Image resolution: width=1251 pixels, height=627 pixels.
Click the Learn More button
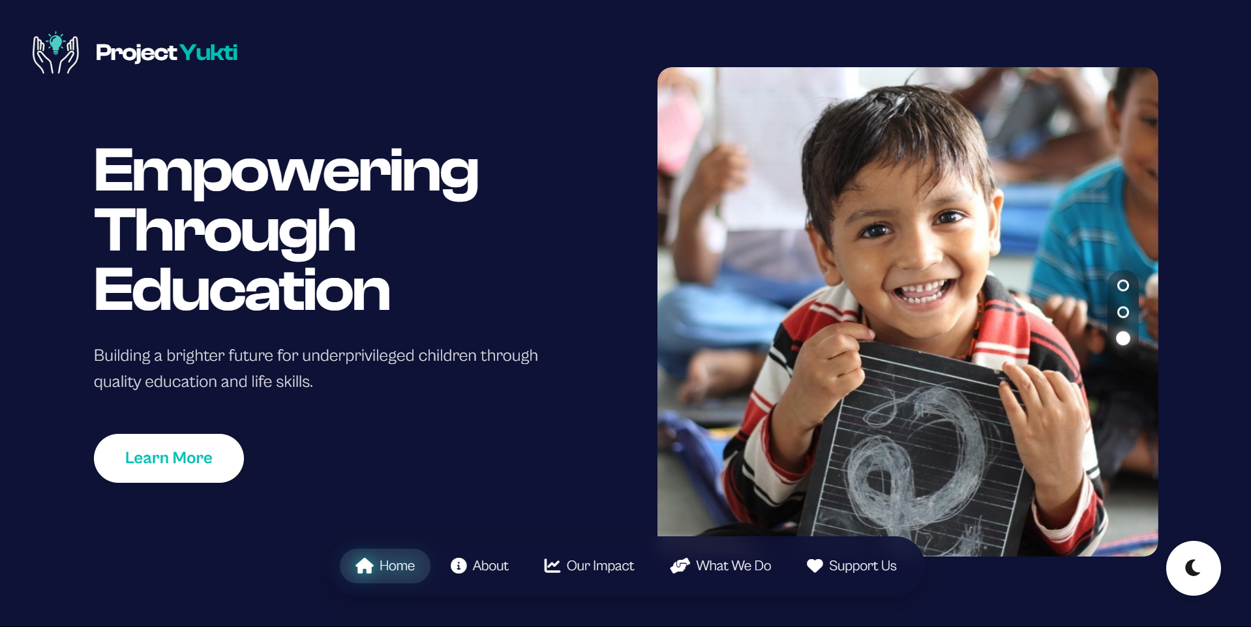pyautogui.click(x=169, y=458)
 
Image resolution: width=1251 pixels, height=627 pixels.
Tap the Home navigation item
pyautogui.click(x=385, y=566)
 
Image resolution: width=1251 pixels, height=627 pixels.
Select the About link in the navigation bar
pyautogui.click(x=479, y=566)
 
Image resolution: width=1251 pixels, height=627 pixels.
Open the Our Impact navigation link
pyautogui.click(x=589, y=566)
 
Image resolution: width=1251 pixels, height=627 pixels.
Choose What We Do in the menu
pyautogui.click(x=721, y=566)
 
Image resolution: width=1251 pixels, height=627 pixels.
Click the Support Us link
pyautogui.click(x=851, y=566)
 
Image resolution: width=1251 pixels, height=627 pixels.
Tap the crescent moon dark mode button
pyautogui.click(x=1194, y=568)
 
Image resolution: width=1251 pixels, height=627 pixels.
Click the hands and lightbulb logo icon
pyautogui.click(x=56, y=52)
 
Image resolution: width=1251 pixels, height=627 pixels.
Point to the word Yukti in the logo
pyautogui.click(x=209, y=52)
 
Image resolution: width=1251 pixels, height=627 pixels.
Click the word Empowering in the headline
pyautogui.click(x=286, y=171)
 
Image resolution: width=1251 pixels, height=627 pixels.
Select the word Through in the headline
pyautogui.click(x=225, y=231)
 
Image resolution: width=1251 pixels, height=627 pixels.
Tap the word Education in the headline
pyautogui.click(x=242, y=290)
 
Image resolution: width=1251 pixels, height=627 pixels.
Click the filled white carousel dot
pyautogui.click(x=1123, y=339)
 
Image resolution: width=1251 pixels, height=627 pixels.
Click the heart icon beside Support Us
pyautogui.click(x=815, y=566)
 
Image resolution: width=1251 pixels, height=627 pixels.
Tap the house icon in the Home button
pyautogui.click(x=365, y=566)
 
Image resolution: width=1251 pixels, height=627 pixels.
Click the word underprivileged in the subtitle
pyautogui.click(x=358, y=356)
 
